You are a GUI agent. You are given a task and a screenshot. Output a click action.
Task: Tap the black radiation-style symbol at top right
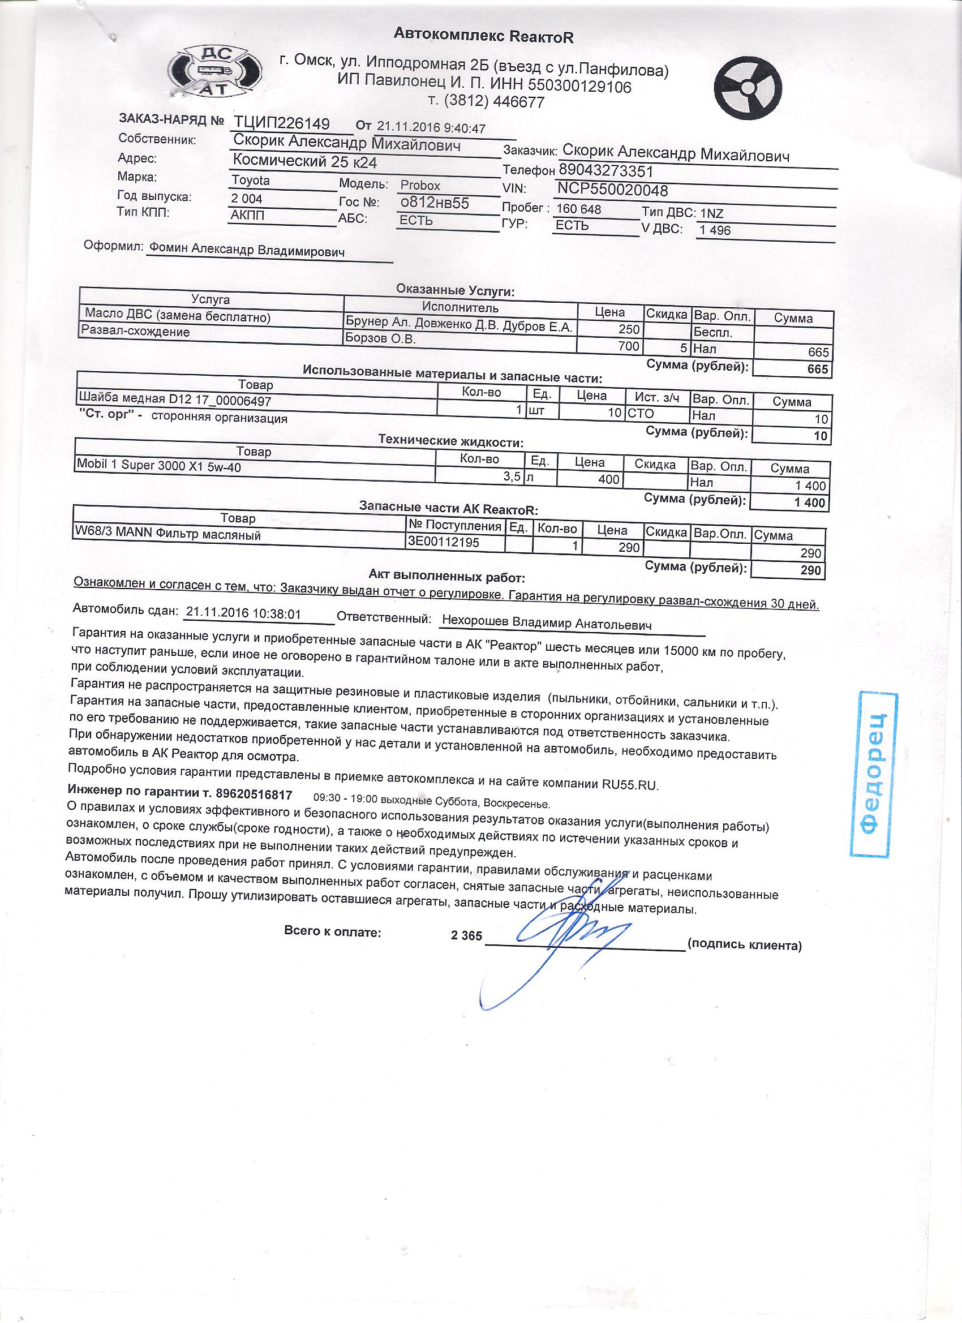point(749,87)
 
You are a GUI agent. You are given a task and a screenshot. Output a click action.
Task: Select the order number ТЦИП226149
point(282,123)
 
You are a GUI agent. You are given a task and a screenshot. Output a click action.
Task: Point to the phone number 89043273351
point(605,171)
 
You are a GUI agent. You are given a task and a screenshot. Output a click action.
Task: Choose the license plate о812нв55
point(434,203)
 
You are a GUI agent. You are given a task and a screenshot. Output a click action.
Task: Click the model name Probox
point(420,186)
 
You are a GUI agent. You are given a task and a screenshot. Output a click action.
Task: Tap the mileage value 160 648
point(579,209)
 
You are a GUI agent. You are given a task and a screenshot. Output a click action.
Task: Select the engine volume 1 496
point(715,230)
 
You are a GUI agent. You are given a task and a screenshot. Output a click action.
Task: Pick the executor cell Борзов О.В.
point(380,339)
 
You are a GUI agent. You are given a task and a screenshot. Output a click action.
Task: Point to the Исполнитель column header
point(460,307)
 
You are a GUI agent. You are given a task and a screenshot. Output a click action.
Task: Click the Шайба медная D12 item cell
point(175,400)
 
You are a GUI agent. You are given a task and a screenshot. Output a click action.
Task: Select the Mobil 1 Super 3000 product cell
point(158,466)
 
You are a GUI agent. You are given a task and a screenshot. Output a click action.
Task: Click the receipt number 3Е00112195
point(444,542)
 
